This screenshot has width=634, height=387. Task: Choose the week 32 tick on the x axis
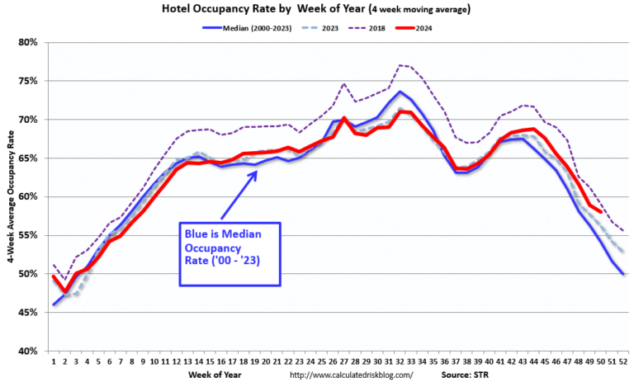tap(400, 361)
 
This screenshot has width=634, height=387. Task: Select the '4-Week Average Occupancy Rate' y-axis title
tap(9, 196)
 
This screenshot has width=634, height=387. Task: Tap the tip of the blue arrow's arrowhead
tap(258, 171)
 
